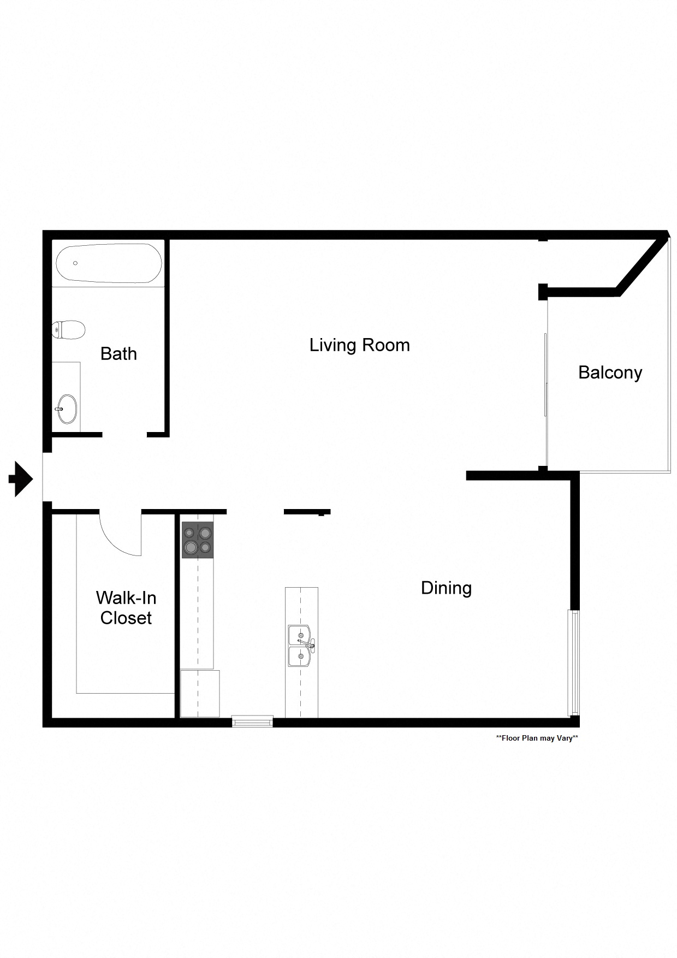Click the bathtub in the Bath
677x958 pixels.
click(109, 263)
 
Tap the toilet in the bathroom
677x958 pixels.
click(69, 330)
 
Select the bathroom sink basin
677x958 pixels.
click(68, 409)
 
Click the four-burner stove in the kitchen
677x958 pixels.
click(198, 540)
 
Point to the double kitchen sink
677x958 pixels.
click(300, 646)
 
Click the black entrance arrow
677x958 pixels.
click(21, 479)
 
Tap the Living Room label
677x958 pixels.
click(359, 345)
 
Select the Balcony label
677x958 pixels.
click(610, 372)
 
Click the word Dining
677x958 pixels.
click(446, 588)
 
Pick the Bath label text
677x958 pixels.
click(118, 354)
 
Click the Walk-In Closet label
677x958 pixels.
click(126, 608)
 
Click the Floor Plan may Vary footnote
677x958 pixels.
click(537, 738)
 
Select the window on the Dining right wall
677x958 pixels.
click(574, 663)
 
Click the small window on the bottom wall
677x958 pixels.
click(252, 722)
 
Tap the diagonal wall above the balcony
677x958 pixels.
click(642, 264)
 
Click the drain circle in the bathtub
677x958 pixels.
click(75, 263)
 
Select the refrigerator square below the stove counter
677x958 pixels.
click(200, 694)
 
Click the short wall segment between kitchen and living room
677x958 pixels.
click(306, 512)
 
